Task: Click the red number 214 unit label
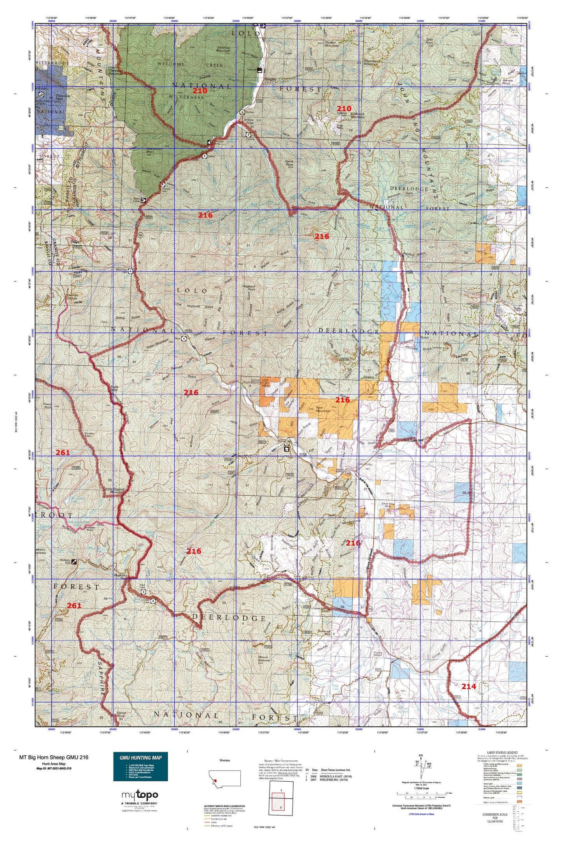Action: coord(468,687)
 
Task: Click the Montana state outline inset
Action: coord(224,778)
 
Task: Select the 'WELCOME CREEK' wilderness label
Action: coord(190,65)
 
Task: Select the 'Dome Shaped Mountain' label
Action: coord(114,490)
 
